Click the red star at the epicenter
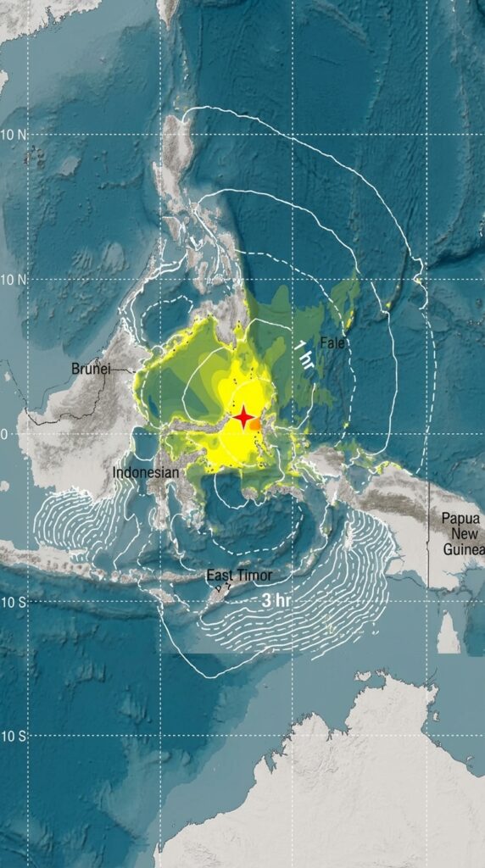click(x=243, y=417)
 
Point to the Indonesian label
click(x=146, y=472)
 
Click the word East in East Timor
click(x=220, y=576)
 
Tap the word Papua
click(x=460, y=519)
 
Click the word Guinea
click(x=462, y=549)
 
